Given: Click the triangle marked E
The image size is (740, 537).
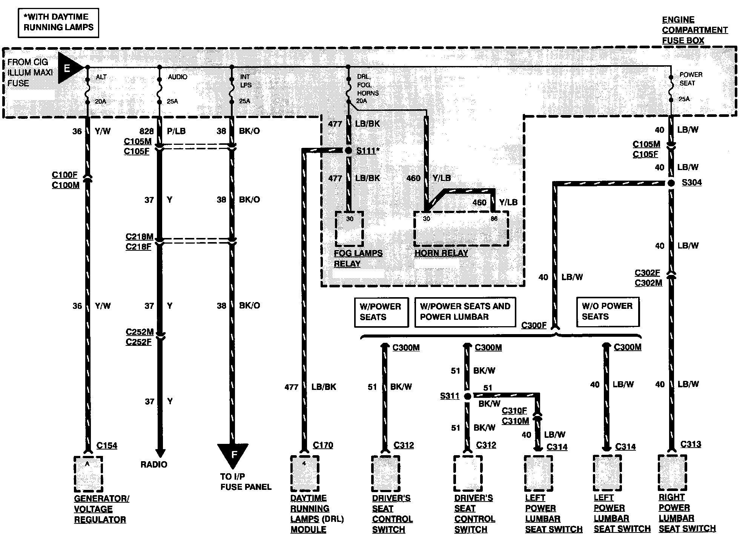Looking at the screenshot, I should (69, 68).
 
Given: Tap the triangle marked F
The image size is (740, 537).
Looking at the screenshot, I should (233, 454).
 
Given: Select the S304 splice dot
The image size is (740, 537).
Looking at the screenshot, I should (671, 183).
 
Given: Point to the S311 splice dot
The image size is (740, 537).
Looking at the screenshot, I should (467, 396).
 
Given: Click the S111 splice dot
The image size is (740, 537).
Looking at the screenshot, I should (349, 151).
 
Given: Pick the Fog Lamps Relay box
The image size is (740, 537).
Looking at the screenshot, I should (349, 229).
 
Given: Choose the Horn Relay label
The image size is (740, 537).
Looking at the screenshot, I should (441, 253).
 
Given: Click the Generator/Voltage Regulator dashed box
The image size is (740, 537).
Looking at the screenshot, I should (88, 474).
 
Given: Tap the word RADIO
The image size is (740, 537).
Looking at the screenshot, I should (154, 465).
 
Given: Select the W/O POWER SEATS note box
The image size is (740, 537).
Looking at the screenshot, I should (608, 311).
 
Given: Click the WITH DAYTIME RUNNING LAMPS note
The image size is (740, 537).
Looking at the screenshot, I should (58, 23).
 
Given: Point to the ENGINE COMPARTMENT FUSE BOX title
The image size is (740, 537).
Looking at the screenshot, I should (694, 30).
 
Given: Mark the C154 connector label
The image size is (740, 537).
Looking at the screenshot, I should (107, 446).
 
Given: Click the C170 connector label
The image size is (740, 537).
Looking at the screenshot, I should (323, 445).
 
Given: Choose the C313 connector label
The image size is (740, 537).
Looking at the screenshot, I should (691, 444).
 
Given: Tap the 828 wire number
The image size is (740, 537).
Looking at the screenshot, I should (146, 131).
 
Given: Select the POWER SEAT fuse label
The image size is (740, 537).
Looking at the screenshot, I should (691, 79).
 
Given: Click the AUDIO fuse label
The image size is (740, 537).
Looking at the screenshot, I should (177, 77).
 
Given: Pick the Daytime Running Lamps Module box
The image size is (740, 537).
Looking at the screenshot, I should (305, 474).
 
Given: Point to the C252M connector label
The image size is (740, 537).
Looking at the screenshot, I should (140, 332).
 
